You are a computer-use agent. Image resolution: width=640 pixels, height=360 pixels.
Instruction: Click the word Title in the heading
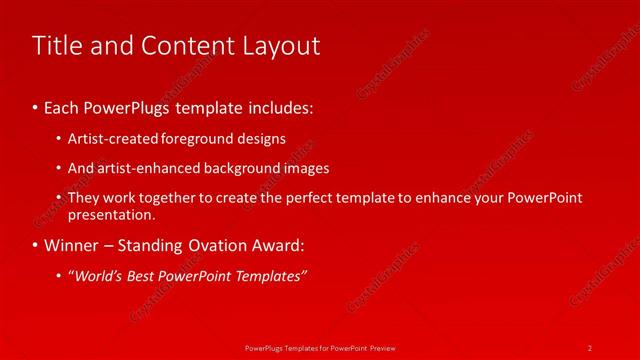click(58, 45)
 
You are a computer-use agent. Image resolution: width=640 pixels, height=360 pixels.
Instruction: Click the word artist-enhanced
click(140, 168)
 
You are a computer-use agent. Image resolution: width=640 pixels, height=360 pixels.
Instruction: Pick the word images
click(305, 168)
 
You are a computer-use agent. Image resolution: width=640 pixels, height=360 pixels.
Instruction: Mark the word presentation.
click(111, 214)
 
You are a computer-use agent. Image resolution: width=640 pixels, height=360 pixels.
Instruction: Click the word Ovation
click(222, 245)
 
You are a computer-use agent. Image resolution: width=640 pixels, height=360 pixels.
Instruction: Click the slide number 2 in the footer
click(590, 347)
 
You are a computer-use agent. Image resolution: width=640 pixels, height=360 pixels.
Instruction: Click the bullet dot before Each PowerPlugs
click(36, 105)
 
